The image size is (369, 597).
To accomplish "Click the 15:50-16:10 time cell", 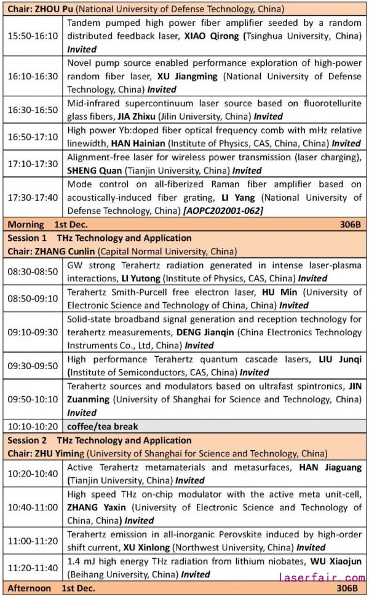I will pyautogui.click(x=33, y=35).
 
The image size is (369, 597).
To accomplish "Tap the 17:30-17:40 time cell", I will pyautogui.click(x=33, y=198).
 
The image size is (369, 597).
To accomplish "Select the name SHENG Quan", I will pyautogui.click(x=93, y=171).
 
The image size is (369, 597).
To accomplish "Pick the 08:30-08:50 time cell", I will pyautogui.click(x=33, y=271).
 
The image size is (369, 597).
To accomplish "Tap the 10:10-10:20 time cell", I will pyautogui.click(x=33, y=426).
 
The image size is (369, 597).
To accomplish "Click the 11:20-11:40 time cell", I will pyautogui.click(x=33, y=567).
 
